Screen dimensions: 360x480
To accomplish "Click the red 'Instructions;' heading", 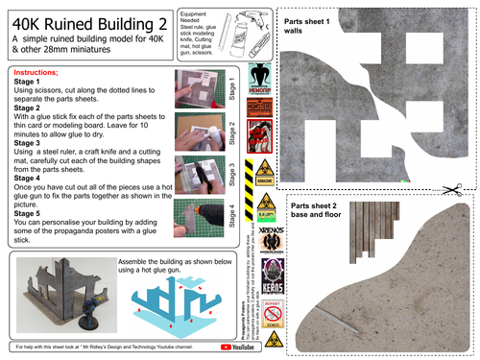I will pos(36,73).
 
